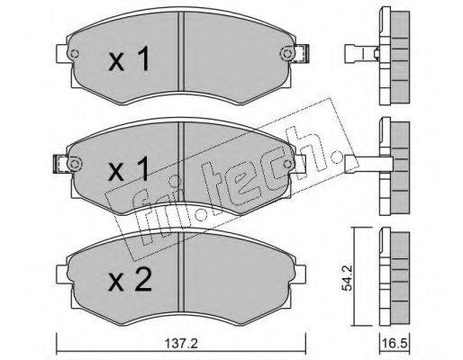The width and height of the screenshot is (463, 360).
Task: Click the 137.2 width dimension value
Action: [181, 344]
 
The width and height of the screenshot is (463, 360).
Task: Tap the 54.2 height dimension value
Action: [347, 277]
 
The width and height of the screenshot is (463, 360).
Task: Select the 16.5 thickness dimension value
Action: [395, 344]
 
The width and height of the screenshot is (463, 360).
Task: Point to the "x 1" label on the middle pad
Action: [129, 169]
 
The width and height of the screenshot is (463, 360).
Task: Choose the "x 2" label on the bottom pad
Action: [130, 279]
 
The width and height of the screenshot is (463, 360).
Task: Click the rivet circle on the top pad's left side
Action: [74, 54]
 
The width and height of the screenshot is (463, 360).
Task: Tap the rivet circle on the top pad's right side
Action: [286, 54]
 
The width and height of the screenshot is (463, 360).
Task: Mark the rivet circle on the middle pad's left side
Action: [74, 164]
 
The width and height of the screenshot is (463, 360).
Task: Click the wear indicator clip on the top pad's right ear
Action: [302, 54]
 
